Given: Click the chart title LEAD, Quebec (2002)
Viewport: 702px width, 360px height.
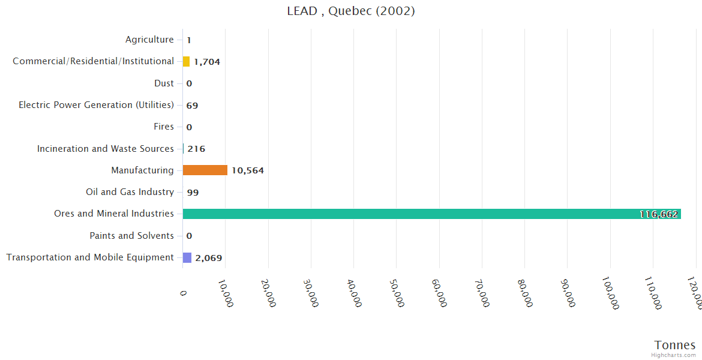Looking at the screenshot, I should coord(351,11).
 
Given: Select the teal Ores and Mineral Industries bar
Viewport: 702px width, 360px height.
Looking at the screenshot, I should coord(431,214).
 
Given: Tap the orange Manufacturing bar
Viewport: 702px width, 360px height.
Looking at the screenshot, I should coord(205,170).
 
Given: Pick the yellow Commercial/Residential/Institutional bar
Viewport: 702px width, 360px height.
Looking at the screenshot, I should coord(186,61).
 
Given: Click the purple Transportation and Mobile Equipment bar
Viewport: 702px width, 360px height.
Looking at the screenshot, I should coord(187,257).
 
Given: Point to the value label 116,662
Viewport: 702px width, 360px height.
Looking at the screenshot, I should coord(659,214).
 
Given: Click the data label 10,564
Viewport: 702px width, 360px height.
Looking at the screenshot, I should coord(247,170).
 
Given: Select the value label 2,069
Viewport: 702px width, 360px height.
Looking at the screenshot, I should coord(209,258).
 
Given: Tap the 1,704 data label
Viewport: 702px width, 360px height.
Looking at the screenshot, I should coord(207,62).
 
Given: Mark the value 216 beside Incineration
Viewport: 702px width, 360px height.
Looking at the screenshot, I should coord(196,149).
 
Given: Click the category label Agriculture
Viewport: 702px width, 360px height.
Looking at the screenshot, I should coord(149,40).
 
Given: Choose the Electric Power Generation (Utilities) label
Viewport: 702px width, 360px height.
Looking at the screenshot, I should coord(96,105).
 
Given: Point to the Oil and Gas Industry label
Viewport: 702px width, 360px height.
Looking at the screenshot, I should coord(130,192).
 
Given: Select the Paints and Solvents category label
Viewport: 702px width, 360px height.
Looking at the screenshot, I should coord(131,236).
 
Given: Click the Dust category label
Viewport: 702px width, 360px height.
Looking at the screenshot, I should coord(164,83).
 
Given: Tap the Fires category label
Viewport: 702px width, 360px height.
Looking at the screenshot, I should coord(164,127).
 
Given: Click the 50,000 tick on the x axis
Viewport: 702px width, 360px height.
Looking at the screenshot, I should coord(397,292).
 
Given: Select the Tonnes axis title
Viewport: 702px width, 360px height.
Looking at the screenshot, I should coord(675,345).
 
